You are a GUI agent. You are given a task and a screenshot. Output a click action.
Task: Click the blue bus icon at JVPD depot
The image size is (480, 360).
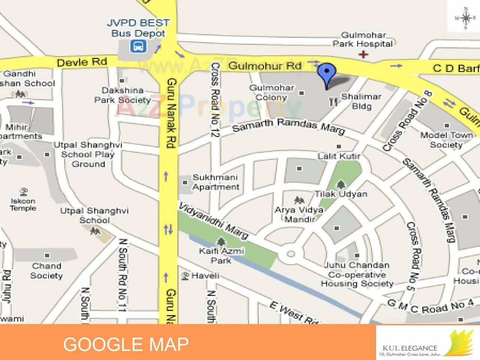pyautogui.click(x=138, y=46)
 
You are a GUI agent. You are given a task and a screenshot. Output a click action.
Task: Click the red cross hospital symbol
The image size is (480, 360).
pyautogui.click(x=363, y=55)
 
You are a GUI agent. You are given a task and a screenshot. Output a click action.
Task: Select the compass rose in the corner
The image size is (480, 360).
pyautogui.click(x=466, y=18)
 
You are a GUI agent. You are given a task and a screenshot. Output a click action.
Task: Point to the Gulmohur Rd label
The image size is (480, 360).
pyautogui.click(x=265, y=66)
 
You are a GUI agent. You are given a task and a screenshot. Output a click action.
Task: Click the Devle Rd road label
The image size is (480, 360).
pyautogui.click(x=82, y=62)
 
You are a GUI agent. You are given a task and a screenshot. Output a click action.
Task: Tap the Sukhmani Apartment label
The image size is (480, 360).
pyautogui.click(x=216, y=182)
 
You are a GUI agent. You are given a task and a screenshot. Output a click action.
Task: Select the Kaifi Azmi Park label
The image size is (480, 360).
pyautogui.click(x=221, y=255)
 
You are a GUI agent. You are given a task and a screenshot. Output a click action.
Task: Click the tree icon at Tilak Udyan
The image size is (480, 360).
pyautogui.click(x=341, y=184)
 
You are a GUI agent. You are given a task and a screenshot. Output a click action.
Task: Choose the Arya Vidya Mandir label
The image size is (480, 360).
pyautogui.click(x=299, y=214)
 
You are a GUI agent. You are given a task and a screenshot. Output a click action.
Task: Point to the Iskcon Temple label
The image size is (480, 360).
pyautogui.click(x=23, y=204)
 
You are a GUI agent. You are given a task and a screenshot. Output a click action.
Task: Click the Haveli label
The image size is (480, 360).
pyautogui.click(x=205, y=276)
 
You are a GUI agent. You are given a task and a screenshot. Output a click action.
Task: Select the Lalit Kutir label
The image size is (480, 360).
pyautogui.click(x=339, y=156)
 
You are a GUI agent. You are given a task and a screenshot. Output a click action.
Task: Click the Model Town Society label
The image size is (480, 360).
pyautogui.click(x=446, y=140)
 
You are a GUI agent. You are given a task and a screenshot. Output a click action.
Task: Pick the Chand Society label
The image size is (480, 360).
pyautogui.click(x=46, y=271)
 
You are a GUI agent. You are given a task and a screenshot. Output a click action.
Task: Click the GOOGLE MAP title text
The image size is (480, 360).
pyautogui.click(x=126, y=344)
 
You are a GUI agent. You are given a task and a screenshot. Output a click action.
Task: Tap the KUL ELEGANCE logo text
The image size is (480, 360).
pyautogui.click(x=409, y=348)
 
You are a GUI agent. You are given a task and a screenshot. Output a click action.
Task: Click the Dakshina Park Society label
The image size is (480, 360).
pyautogui.click(x=122, y=95)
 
